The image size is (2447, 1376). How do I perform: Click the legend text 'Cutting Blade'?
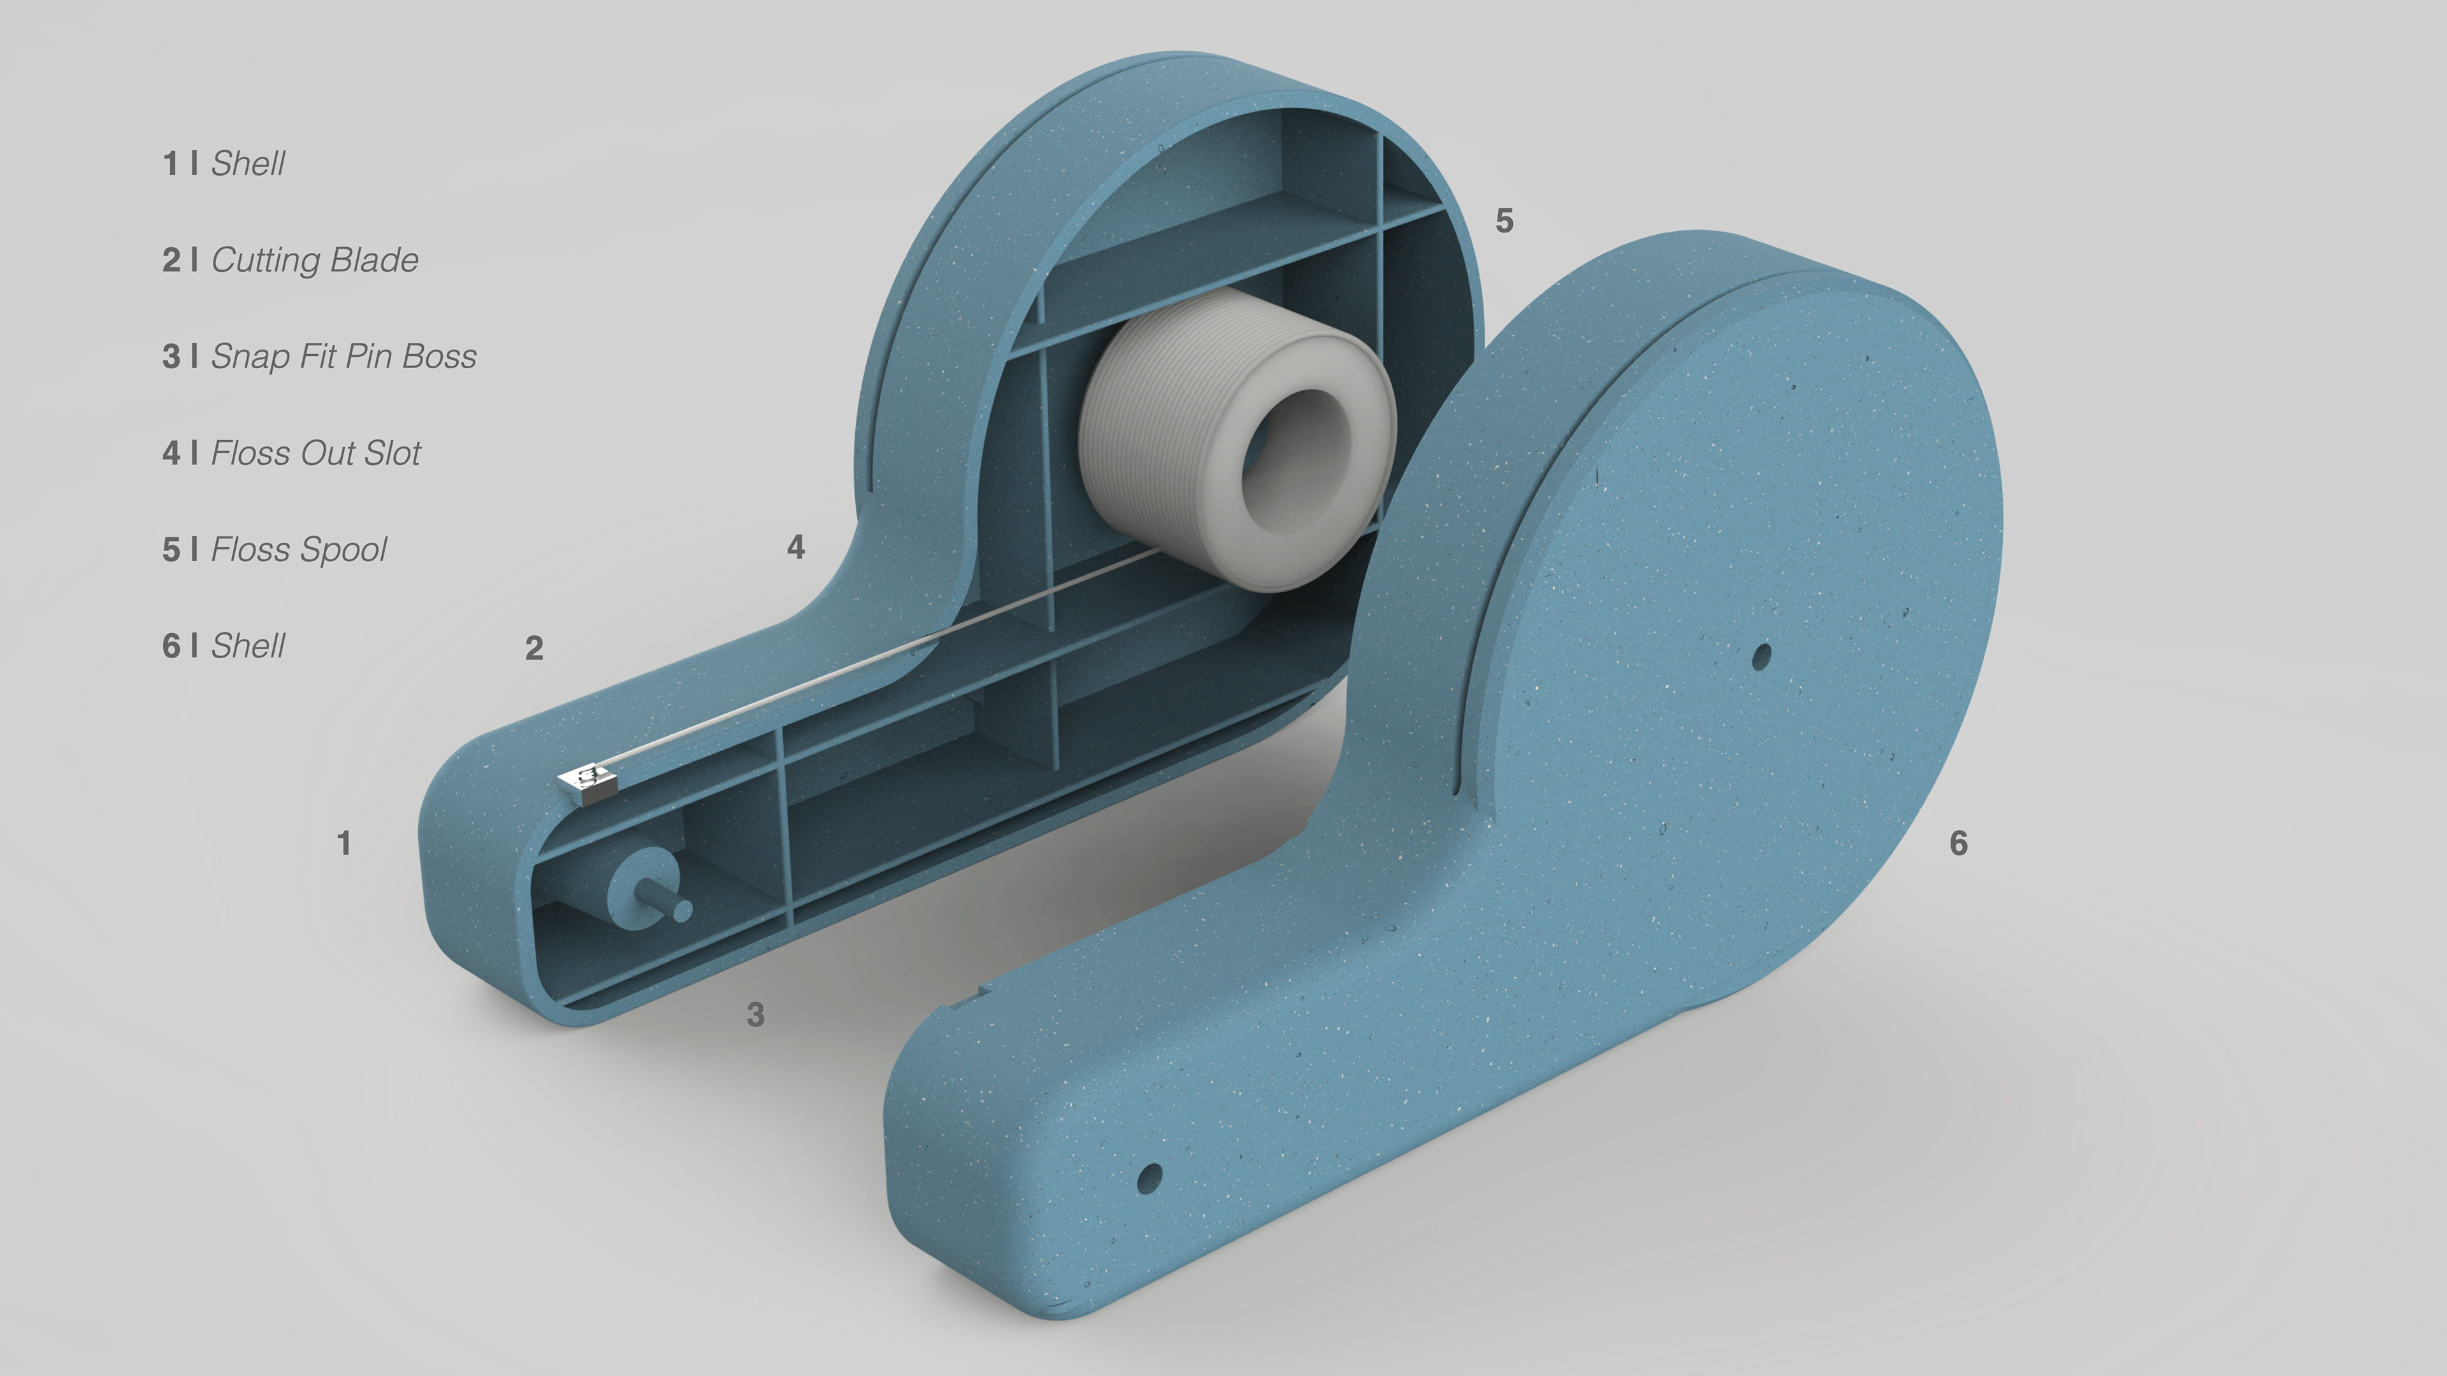click(x=314, y=260)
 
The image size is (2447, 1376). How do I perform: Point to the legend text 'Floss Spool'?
click(x=298, y=550)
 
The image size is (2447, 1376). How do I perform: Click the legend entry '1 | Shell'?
click(x=223, y=163)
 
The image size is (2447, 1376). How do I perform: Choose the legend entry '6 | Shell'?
click(x=223, y=646)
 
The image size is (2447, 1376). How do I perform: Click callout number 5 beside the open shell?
click(x=1504, y=221)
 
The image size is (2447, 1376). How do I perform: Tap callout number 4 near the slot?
click(x=796, y=547)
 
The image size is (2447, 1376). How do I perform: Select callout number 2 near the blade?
click(x=534, y=649)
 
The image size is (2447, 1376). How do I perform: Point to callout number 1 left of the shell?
click(x=344, y=843)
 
